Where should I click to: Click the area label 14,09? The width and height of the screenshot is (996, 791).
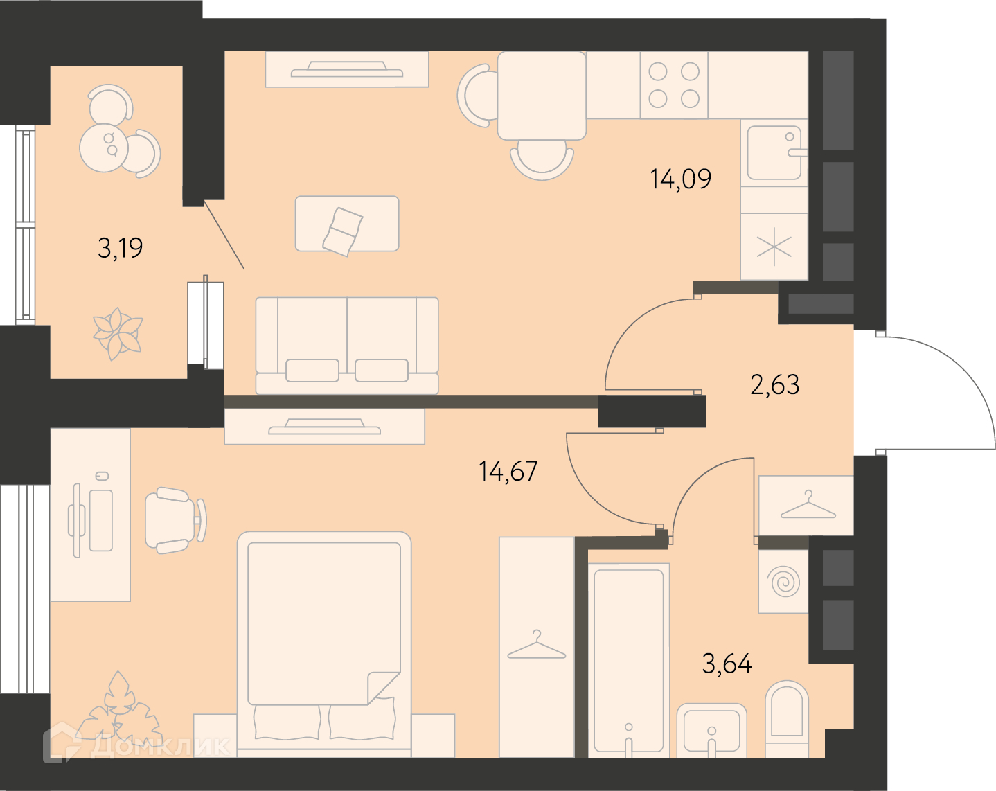click(680, 179)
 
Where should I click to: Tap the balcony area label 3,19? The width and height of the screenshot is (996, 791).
click(121, 248)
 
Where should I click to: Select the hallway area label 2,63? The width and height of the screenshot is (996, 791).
click(775, 384)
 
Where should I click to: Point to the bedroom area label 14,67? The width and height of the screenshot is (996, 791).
click(508, 471)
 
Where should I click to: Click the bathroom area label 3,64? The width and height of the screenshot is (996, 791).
click(727, 664)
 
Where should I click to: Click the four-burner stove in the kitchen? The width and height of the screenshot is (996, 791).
click(674, 85)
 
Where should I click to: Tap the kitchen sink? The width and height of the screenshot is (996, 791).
click(774, 153)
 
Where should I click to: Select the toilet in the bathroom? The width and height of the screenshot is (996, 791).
click(787, 719)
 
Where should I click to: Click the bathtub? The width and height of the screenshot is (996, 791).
click(628, 661)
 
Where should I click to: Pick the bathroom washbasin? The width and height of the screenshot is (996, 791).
click(712, 731)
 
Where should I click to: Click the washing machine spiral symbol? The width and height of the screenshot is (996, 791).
click(783, 581)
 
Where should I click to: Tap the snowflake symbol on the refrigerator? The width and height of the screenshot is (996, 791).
click(774, 246)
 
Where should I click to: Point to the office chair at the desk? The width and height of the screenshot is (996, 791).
click(175, 520)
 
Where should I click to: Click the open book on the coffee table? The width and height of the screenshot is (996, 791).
click(342, 231)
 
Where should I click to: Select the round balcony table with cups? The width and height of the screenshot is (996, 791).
click(104, 148)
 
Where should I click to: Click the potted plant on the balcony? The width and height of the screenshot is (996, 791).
click(118, 333)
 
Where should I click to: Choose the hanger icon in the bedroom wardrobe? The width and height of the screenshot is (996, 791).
click(536, 644)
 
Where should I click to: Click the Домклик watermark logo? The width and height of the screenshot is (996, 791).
click(136, 746)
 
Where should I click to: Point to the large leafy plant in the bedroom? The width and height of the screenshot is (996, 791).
click(119, 713)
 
